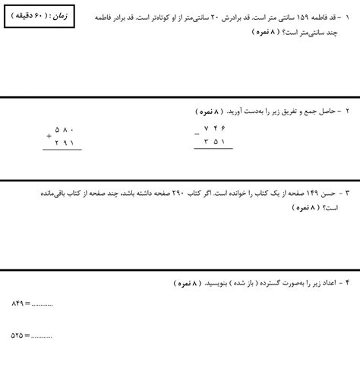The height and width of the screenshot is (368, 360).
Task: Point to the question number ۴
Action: [347, 282]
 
